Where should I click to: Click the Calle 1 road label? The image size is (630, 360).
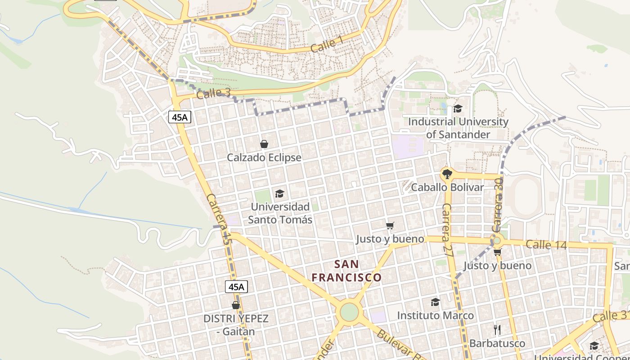(327, 45)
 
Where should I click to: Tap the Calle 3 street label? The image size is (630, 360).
(213, 94)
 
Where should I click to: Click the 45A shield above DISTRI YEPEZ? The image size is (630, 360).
(236, 287)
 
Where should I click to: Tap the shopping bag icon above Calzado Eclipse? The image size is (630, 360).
(264, 144)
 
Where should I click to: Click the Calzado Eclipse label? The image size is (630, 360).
(264, 157)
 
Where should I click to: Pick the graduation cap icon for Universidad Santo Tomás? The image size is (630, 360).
(279, 193)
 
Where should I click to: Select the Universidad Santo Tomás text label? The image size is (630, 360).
(280, 213)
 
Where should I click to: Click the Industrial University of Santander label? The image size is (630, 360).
(458, 128)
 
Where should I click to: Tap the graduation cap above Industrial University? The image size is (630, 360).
(458, 108)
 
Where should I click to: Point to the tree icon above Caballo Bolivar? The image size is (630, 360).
(447, 174)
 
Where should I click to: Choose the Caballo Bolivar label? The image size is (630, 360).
(447, 187)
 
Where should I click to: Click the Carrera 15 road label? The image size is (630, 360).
(218, 219)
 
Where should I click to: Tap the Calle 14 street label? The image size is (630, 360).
(546, 245)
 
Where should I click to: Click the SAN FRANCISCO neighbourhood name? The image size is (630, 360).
(346, 270)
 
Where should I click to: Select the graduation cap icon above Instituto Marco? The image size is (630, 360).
(435, 302)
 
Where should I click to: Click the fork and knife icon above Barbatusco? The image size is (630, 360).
(497, 330)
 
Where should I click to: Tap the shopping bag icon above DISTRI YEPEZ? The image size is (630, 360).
(236, 305)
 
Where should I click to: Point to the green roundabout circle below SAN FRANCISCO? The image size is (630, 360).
(349, 312)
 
